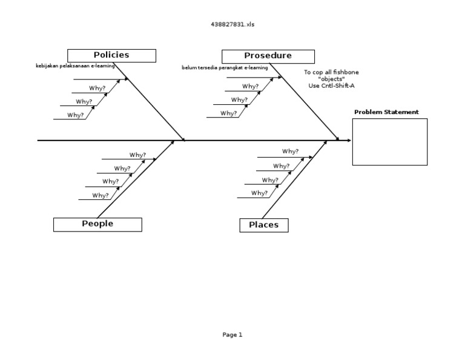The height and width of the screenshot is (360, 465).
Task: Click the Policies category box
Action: click(111, 55)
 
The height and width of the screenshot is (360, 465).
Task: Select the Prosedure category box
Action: click(268, 56)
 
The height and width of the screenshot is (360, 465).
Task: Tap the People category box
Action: click(97, 224)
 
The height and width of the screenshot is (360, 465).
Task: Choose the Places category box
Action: click(263, 225)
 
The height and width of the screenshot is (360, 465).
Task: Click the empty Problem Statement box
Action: click(389, 141)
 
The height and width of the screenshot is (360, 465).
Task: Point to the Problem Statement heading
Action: click(386, 112)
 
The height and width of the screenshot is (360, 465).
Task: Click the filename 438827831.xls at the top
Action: click(232, 24)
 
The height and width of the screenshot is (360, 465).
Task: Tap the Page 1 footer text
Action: click(232, 335)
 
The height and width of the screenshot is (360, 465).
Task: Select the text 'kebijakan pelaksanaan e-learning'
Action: click(75, 66)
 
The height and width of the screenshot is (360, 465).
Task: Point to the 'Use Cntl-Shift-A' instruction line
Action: click(331, 85)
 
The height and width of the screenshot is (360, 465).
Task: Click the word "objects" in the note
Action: click(331, 79)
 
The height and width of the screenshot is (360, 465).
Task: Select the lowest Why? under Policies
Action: click(76, 115)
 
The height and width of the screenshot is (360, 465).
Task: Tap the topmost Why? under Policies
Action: click(97, 88)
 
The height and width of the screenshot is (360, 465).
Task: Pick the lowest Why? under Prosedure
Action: click(229, 113)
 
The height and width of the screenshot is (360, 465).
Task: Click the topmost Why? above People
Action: click(137, 155)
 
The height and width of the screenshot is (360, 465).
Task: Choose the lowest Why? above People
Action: click(101, 195)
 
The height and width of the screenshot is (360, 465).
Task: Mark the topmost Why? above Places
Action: click(290, 152)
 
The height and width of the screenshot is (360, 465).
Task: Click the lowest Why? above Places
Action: click(259, 193)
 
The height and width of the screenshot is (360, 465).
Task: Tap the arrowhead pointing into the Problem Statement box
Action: click(349, 141)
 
